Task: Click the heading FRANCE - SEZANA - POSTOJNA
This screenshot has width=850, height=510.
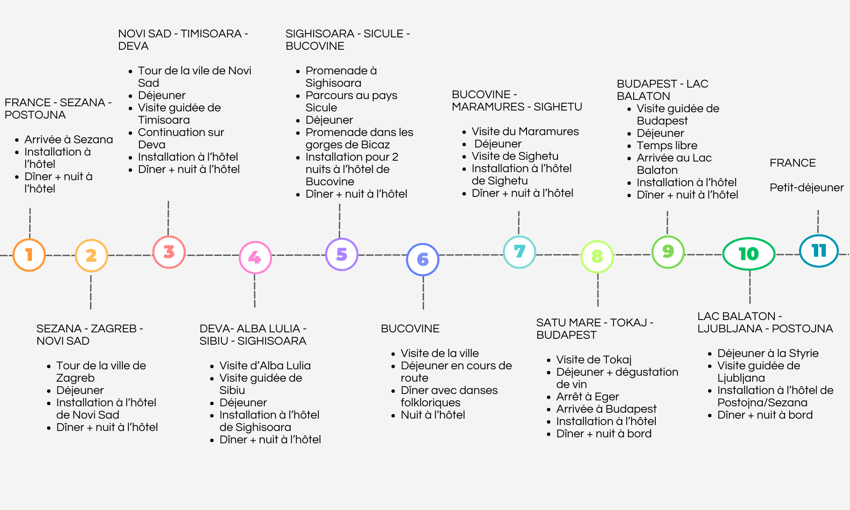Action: tap(58, 109)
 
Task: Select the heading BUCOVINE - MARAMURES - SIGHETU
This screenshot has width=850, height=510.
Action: tap(517, 101)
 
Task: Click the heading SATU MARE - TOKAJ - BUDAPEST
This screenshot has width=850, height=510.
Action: tap(595, 329)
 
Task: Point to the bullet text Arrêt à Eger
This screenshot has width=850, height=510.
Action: tap(587, 397)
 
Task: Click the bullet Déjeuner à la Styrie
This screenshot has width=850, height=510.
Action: tap(768, 353)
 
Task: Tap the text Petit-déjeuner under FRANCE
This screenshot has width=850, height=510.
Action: tap(807, 187)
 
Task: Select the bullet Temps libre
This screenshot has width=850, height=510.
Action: tap(667, 145)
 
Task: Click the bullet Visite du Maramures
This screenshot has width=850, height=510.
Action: tap(525, 131)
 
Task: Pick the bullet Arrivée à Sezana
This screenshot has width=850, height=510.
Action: tap(68, 139)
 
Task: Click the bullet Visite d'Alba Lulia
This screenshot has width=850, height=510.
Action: tap(265, 365)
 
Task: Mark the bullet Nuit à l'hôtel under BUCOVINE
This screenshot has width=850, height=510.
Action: tap(433, 415)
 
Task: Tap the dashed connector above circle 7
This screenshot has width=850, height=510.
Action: tap(519, 223)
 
